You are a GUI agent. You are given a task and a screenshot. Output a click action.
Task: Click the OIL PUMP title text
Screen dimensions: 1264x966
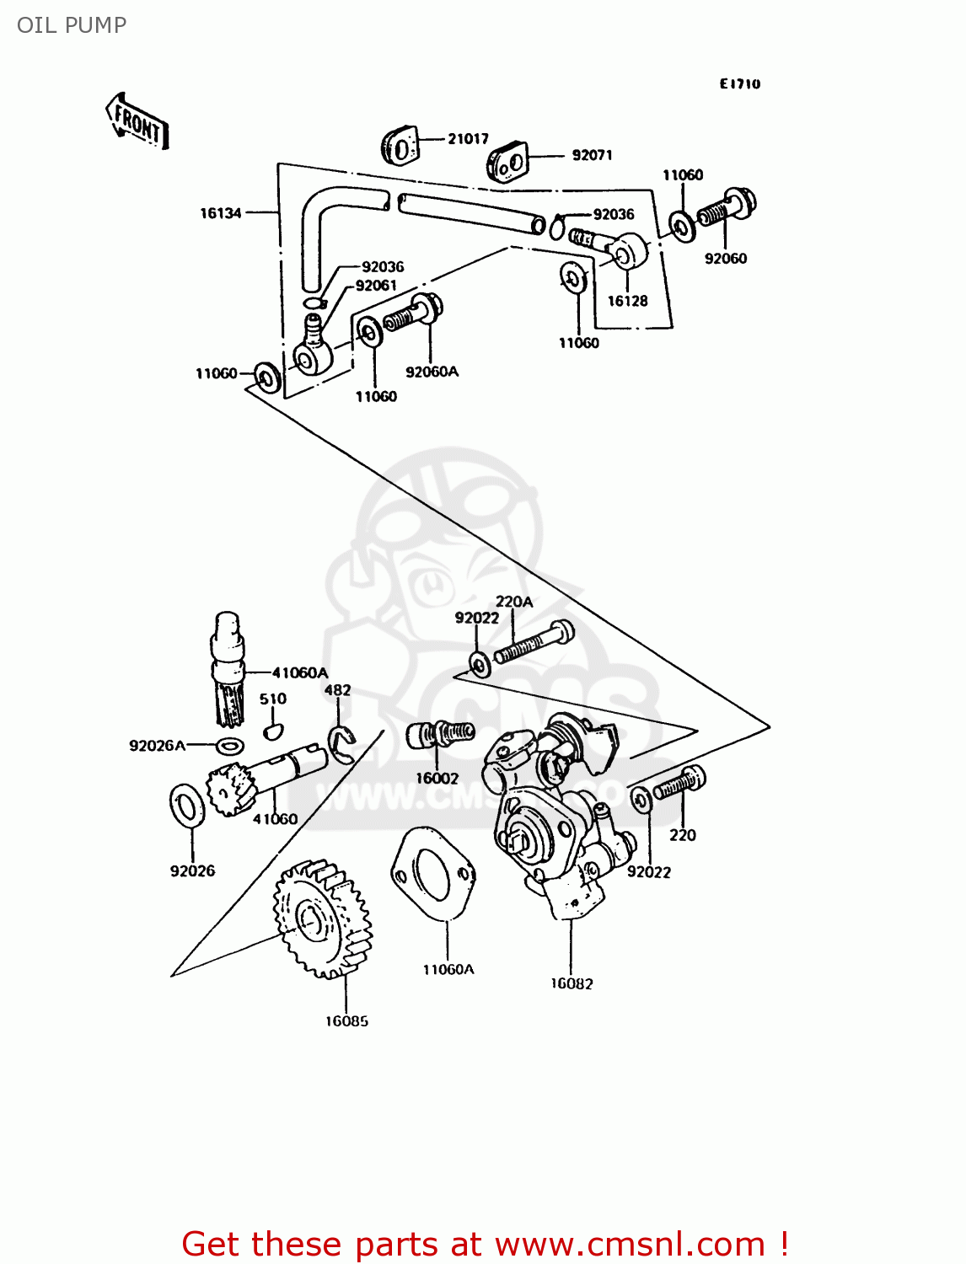coord(72,25)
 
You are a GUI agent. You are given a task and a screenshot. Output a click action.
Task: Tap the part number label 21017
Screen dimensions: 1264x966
coord(468,139)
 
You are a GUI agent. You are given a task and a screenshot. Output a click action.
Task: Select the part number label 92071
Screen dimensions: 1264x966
coord(592,155)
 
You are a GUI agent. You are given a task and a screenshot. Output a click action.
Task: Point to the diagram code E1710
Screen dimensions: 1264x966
coord(740,83)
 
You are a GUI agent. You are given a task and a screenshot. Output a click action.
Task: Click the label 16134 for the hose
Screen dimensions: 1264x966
coord(220,213)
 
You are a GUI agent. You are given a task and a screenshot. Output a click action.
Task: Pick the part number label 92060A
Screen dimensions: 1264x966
coord(432,372)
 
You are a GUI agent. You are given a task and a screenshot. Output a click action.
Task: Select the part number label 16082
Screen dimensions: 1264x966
coord(572,983)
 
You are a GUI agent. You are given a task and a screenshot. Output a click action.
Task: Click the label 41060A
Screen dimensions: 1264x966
coord(299,672)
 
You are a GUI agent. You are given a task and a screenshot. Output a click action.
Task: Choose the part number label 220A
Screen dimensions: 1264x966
coord(513,602)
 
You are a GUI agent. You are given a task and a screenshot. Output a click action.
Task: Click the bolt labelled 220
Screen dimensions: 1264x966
coord(680,784)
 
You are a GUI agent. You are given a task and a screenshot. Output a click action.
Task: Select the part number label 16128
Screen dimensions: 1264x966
coord(627,301)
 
